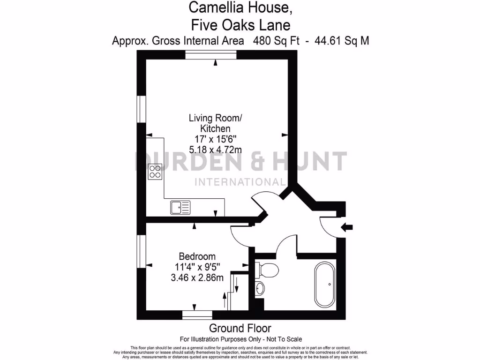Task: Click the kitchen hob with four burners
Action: [x=155, y=172]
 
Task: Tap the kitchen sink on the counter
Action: [x=180, y=207]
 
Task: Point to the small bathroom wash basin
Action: [x=260, y=289]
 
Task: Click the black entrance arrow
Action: [x=347, y=227]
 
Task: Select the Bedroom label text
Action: [x=197, y=256]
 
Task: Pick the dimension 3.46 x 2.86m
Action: [x=197, y=277]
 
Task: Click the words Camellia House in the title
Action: [x=240, y=7]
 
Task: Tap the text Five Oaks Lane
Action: [x=240, y=23]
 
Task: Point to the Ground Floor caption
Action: [x=240, y=328]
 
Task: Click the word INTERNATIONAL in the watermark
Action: [x=240, y=182]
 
